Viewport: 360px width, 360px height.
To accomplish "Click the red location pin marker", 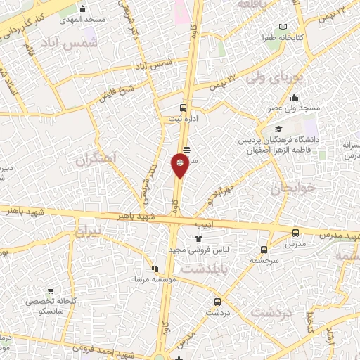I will (x=180, y=165).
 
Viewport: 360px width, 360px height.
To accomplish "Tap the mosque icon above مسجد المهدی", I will (x=84, y=9).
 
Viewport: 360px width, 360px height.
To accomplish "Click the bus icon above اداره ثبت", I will (x=183, y=108).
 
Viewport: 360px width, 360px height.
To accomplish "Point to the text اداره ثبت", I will (x=182, y=119).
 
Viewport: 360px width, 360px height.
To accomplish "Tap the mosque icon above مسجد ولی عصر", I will (x=293, y=98).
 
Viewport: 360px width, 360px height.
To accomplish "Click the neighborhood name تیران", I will (x=89, y=232).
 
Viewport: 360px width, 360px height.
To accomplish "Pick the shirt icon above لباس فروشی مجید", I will (x=188, y=238).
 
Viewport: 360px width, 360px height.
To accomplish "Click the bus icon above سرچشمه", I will (x=264, y=249).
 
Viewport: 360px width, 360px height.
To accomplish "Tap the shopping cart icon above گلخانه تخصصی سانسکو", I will (x=51, y=290).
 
